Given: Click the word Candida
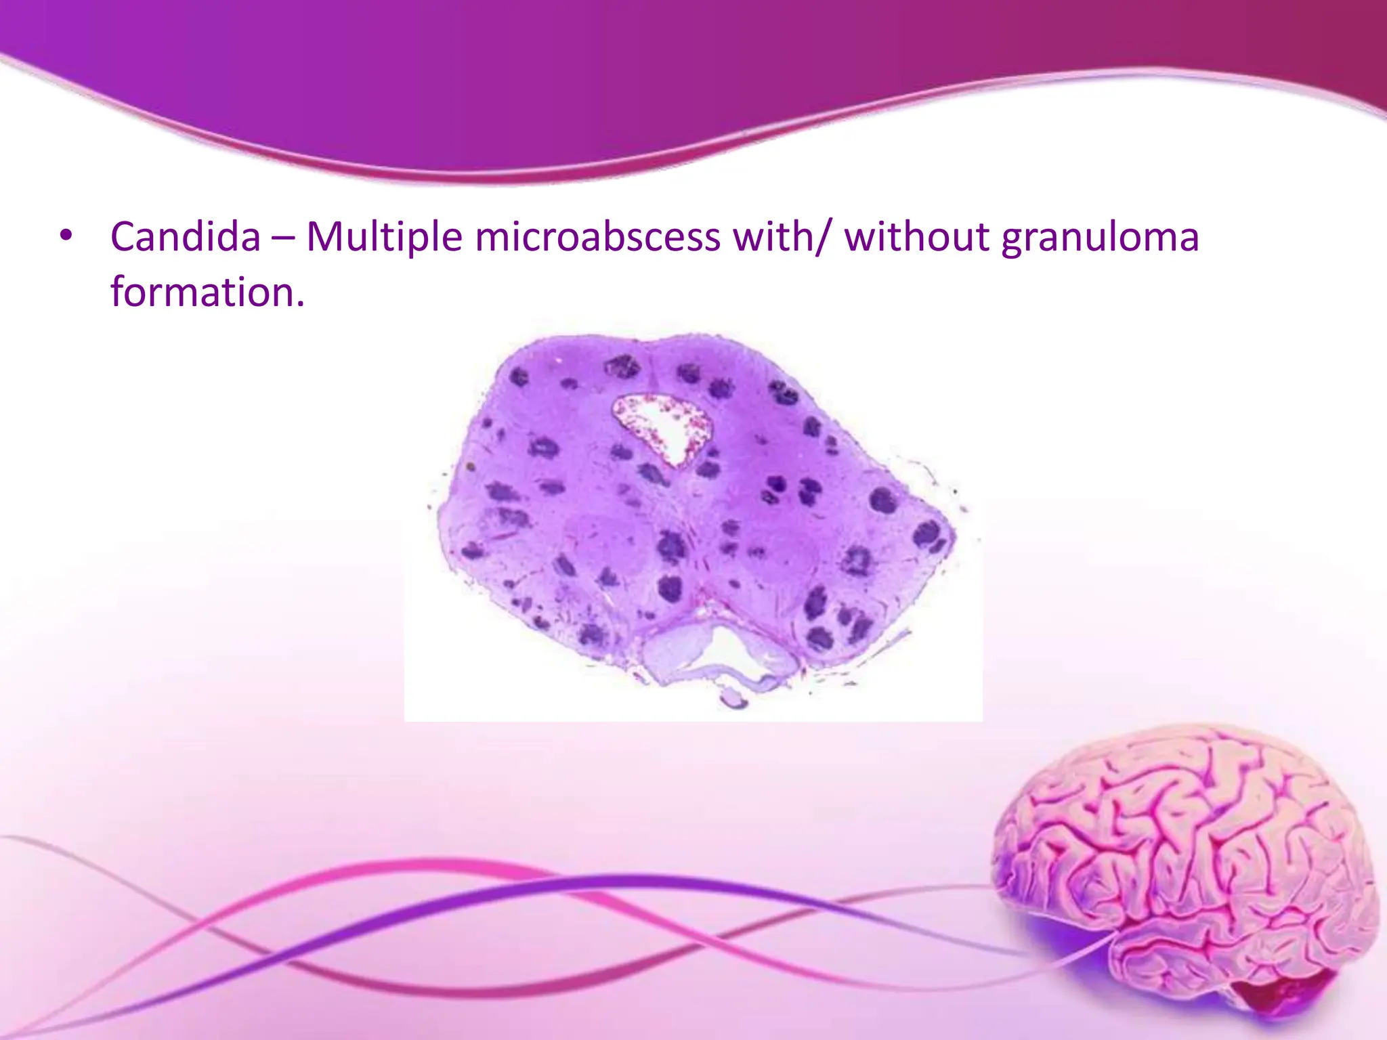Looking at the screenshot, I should tap(185, 237).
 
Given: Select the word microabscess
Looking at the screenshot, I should tap(597, 237).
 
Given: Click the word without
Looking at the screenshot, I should tap(916, 237).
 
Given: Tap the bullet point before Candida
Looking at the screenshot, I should tap(65, 237).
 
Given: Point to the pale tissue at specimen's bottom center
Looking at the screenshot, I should tap(677, 653).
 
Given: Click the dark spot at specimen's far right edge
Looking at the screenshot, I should tap(928, 535).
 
